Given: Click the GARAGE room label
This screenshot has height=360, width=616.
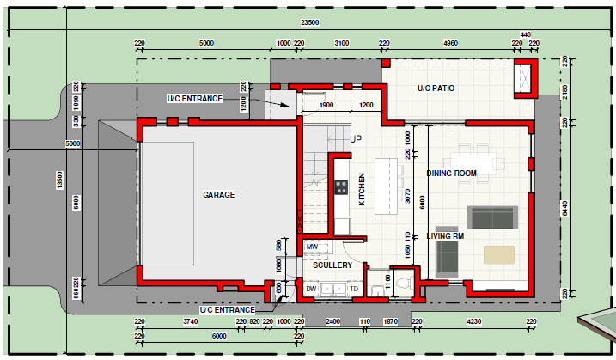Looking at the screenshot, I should point(219,195).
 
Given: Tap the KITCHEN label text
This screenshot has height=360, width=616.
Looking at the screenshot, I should point(362,189).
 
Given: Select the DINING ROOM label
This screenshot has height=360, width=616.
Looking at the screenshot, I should point(451,174).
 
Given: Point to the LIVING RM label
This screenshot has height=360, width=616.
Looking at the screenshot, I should point(445,235).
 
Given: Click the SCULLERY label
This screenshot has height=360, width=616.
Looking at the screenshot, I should point(332,265).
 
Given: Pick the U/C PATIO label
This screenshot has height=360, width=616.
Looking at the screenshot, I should point(436,88).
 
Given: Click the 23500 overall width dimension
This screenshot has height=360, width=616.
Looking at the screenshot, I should point(309,23).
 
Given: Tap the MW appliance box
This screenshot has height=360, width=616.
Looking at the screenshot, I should point(312,247).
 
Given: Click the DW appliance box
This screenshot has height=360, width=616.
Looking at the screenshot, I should point(311,289).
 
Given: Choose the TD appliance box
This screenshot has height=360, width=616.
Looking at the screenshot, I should point(354,289).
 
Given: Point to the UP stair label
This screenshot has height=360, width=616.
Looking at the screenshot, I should point(356,138).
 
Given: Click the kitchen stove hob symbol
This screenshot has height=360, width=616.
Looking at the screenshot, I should point(341,186).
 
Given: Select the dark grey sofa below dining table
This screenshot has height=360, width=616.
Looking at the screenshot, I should point(491,216).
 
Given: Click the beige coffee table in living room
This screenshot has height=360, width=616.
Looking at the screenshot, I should point(499,254).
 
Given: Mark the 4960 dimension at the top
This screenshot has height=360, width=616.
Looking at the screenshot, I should point(450,42).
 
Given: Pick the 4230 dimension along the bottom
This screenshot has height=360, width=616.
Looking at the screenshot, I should point(473,322).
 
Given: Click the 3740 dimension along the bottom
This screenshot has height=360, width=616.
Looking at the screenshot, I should point(191,322).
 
